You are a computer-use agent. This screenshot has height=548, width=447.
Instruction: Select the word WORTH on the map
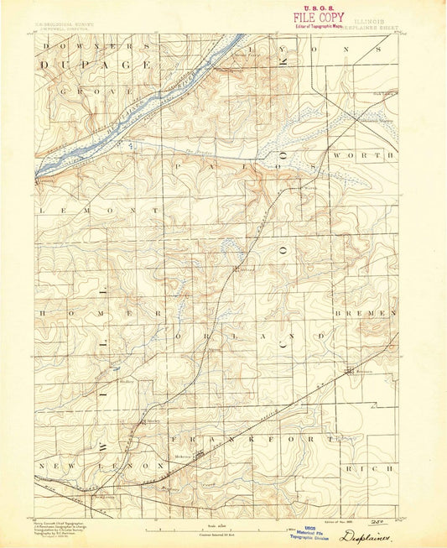point(363,156)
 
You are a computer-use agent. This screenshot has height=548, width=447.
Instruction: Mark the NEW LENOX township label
point(100,464)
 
